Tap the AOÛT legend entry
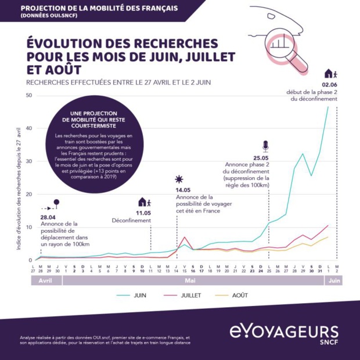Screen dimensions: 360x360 tap(239, 296)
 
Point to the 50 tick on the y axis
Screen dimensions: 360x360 tap(30, 95)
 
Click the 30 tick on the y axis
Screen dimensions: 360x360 tap(30, 161)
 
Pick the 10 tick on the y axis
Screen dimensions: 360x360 tap(30, 228)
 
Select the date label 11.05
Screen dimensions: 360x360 tap(143, 213)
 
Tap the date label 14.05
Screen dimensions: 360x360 tap(184, 190)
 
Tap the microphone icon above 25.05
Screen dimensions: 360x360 tap(266, 146)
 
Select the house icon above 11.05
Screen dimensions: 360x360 tap(143, 202)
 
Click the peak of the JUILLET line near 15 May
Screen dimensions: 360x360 tap(184, 237)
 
